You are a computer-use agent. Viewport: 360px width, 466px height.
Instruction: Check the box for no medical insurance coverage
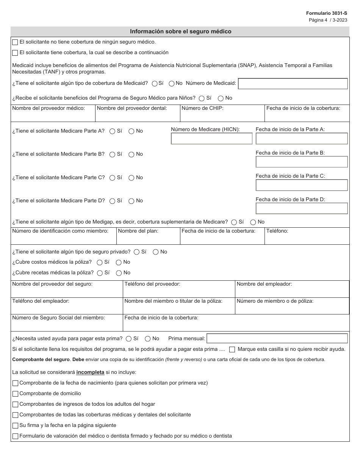tap(15, 42)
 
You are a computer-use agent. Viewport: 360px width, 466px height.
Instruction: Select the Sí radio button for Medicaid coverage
tap(155, 83)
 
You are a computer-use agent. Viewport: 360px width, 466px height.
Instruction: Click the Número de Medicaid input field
tap(293, 84)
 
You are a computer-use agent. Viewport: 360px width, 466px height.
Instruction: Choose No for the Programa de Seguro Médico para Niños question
tap(221, 98)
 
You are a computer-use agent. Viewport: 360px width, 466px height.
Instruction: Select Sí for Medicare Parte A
tap(112, 131)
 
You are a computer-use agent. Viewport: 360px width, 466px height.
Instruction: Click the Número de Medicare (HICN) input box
tap(211, 139)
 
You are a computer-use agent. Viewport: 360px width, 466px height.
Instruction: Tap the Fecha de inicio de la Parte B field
tap(301, 162)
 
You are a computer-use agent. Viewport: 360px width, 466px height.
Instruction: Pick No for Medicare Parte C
tap(131, 178)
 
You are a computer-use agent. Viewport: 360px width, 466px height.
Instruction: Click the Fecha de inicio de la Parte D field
tap(301, 208)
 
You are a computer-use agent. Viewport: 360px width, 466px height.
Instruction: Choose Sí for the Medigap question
tap(234, 222)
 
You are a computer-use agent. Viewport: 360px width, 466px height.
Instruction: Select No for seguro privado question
tap(156, 252)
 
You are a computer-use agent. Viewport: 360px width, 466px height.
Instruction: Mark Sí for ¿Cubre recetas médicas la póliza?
tap(100, 273)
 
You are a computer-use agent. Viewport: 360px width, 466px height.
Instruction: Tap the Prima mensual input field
tap(277, 338)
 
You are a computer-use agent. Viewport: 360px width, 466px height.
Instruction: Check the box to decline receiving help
tap(232, 349)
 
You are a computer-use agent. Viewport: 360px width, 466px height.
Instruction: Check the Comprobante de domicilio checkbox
tap(15, 394)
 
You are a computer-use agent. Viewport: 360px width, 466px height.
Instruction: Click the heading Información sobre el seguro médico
tap(180, 31)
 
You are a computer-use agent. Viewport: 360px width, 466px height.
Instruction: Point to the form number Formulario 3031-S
tap(326, 13)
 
